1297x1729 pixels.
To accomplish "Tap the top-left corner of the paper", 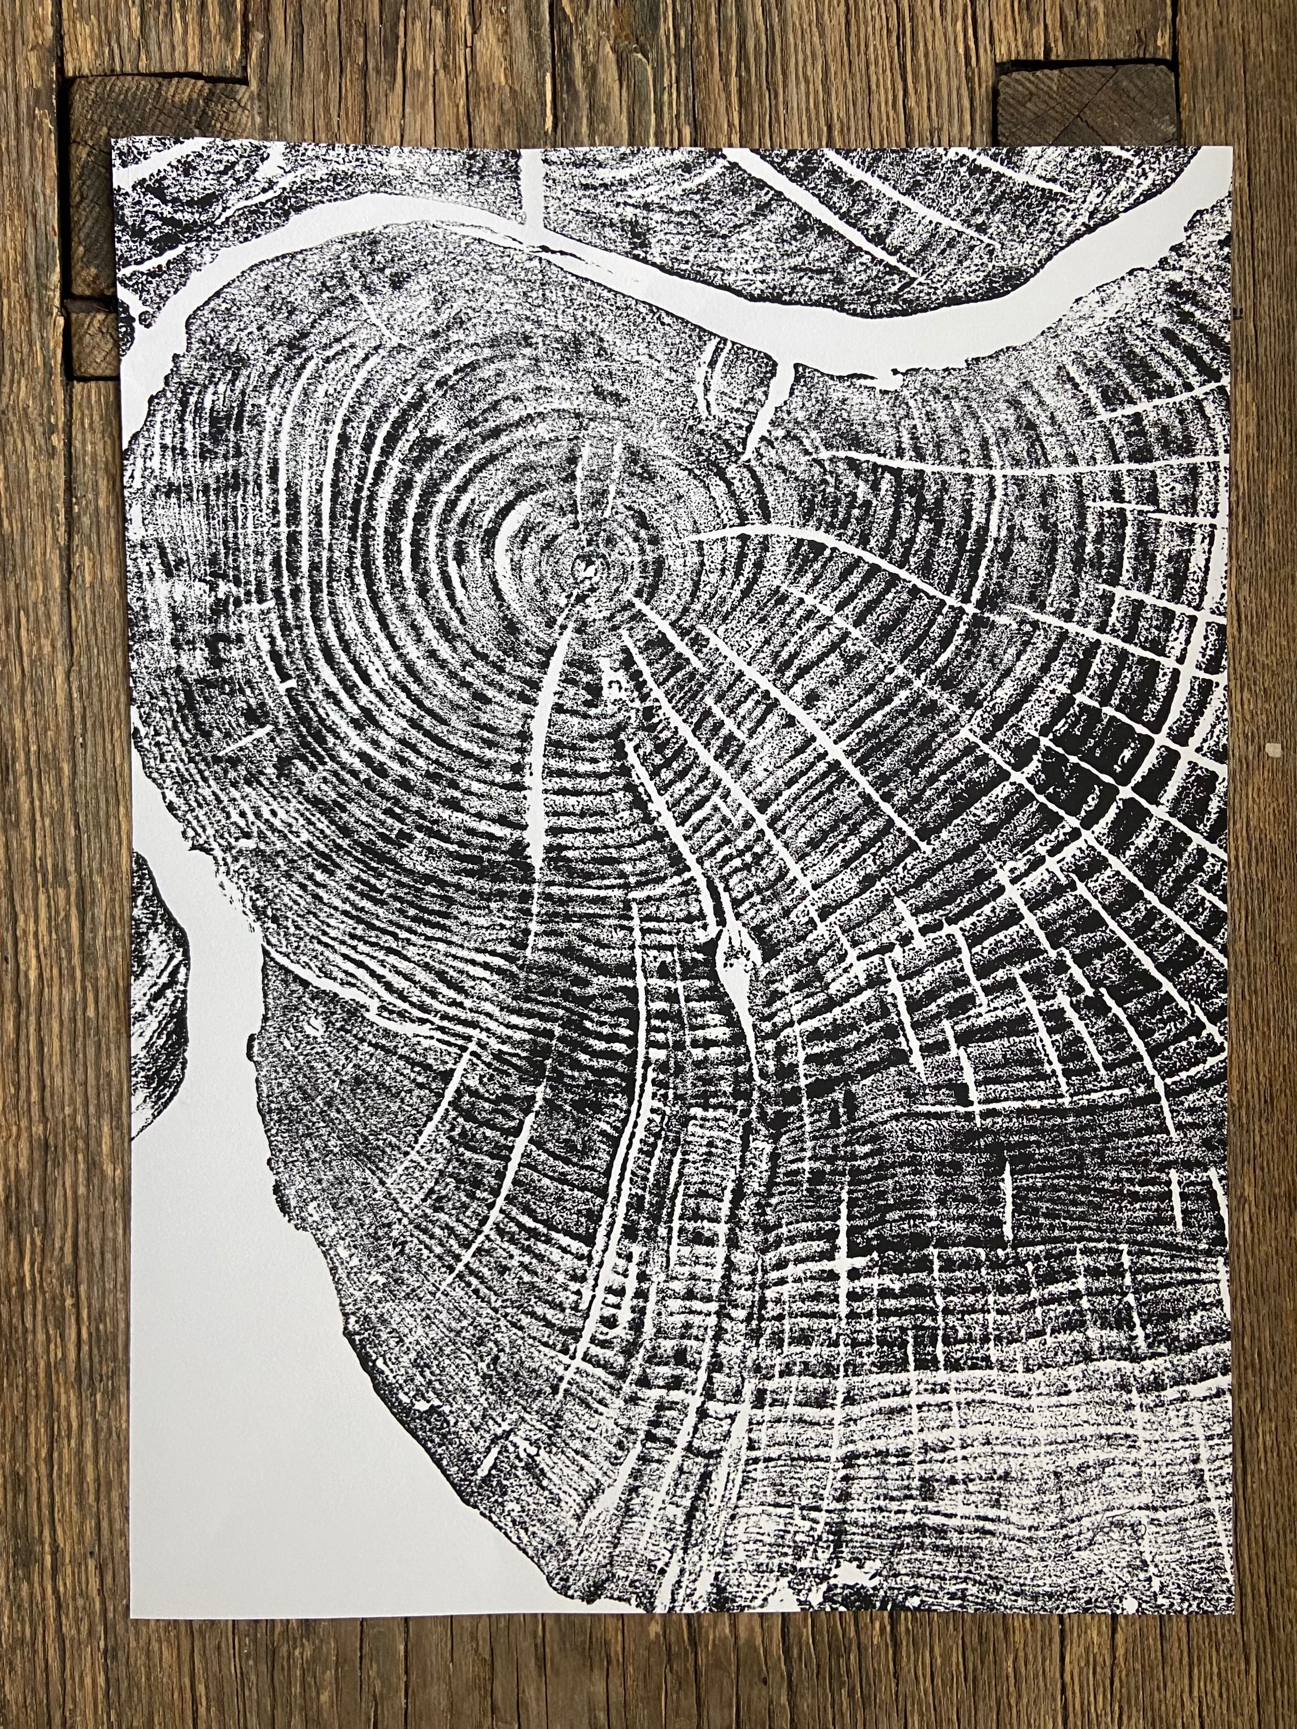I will click(112, 140).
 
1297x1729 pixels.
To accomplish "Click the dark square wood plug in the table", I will click(1089, 102).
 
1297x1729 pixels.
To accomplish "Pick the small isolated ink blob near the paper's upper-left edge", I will click(145, 318).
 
